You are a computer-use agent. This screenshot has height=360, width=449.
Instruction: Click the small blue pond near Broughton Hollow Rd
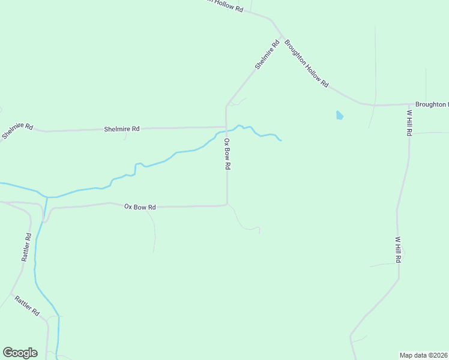click(340, 115)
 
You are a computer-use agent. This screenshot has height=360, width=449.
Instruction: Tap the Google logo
click(20, 353)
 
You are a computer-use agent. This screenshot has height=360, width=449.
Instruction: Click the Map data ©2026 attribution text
click(424, 355)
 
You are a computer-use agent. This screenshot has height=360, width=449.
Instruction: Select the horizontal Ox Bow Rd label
click(140, 207)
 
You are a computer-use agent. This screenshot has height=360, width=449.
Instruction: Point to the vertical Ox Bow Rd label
click(227, 155)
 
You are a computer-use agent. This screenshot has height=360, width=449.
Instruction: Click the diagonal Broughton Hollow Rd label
click(306, 64)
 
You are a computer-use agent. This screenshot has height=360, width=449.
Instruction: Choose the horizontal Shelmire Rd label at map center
click(121, 129)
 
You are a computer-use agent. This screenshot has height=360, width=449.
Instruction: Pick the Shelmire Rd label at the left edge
click(16, 131)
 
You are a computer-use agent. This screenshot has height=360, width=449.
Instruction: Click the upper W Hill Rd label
click(409, 123)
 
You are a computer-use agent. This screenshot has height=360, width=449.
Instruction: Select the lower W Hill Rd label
click(397, 248)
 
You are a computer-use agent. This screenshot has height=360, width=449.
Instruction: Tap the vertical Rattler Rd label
click(26, 247)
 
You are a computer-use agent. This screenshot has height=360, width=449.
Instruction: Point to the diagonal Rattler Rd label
click(27, 305)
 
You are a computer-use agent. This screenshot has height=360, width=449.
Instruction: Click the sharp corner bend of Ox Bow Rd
click(227, 205)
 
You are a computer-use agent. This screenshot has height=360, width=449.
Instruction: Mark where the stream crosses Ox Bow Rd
click(226, 131)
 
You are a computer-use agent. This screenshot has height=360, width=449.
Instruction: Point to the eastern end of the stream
click(281, 140)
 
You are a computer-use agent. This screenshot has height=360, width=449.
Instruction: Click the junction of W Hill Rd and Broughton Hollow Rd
click(409, 104)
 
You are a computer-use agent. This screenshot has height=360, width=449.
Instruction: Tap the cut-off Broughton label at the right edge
click(432, 104)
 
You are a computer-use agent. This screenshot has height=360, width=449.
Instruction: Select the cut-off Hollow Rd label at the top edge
click(225, 7)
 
